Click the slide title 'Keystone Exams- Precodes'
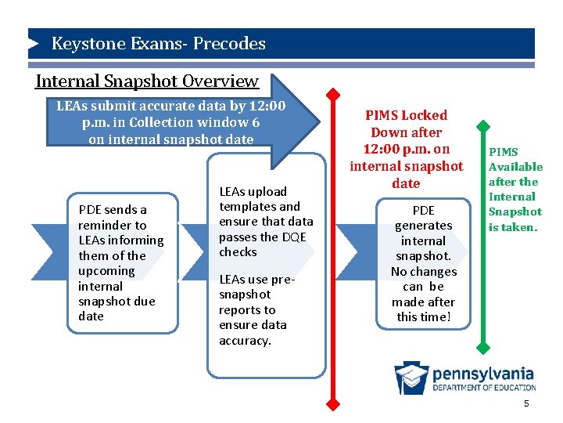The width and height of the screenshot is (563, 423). click(158, 44)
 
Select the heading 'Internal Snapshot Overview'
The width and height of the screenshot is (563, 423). click(147, 81)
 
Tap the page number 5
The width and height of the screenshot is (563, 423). click(526, 403)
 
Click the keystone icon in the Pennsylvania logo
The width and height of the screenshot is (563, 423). click(411, 378)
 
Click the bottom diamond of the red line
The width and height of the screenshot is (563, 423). click(333, 404)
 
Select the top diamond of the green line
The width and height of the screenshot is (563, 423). click(485, 126)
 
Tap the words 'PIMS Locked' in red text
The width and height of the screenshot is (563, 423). click(407, 115)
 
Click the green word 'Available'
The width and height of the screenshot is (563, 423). click(515, 167)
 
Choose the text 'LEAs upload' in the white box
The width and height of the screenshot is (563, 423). click(253, 191)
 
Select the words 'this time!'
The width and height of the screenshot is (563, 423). click(423, 316)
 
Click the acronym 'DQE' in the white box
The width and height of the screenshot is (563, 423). click(294, 237)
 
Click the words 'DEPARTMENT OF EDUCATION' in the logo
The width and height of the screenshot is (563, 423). click(484, 387)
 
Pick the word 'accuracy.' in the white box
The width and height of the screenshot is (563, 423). click(245, 340)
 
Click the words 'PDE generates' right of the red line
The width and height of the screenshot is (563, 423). click(423, 218)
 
